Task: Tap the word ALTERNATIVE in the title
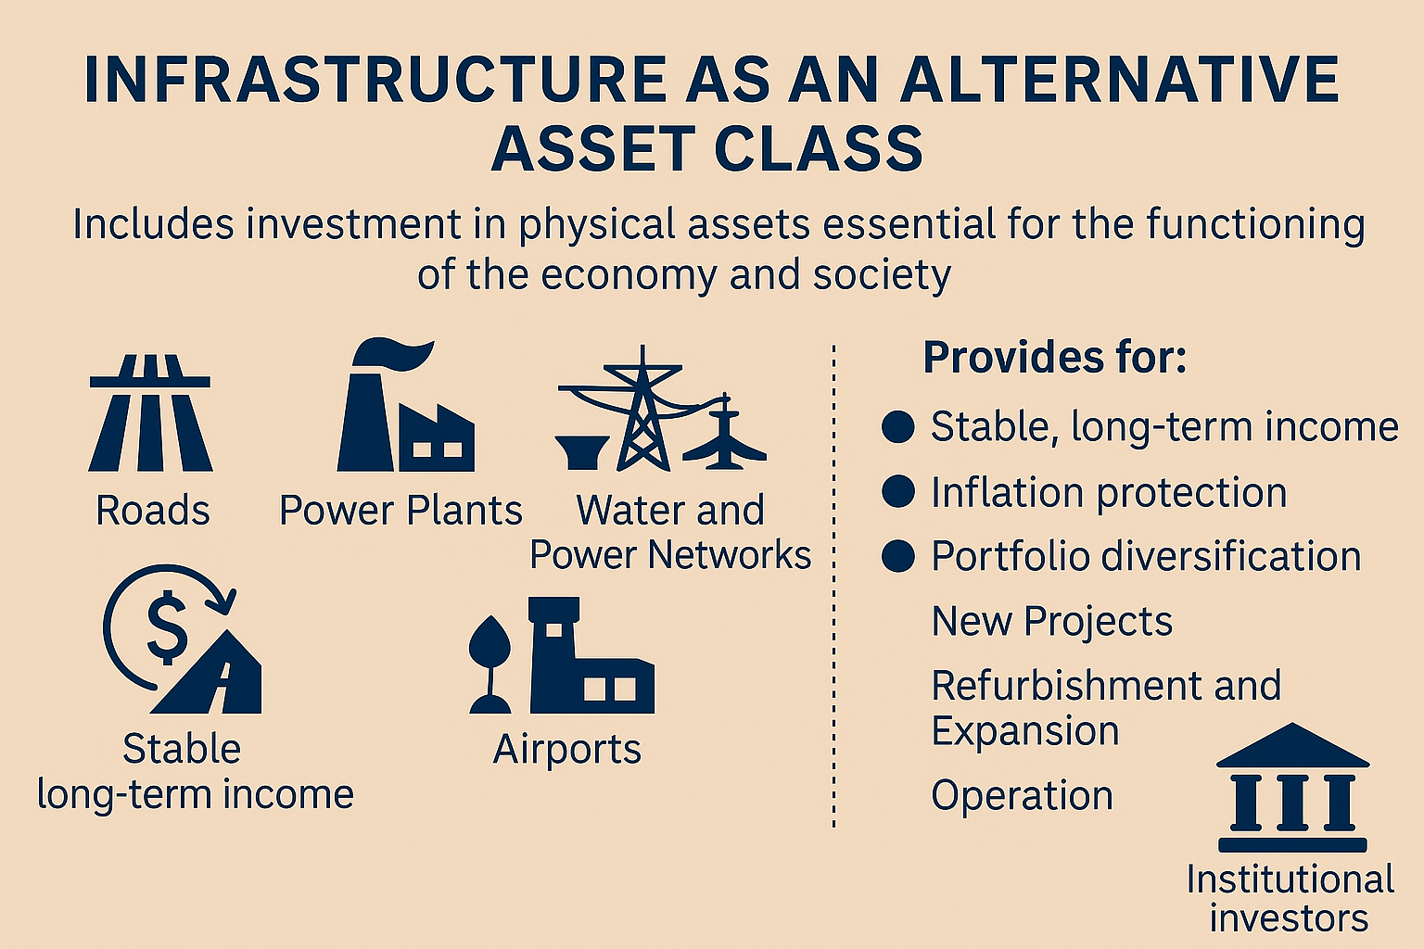[1120, 80]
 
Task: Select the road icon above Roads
[150, 413]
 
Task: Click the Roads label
[153, 511]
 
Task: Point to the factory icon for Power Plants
[405, 405]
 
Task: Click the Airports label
[567, 750]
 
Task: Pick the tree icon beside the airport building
[489, 664]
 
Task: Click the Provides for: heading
[1055, 357]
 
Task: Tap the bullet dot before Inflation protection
[898, 491]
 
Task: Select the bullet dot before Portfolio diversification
[898, 556]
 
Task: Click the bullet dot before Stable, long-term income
[898, 426]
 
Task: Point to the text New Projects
[1052, 622]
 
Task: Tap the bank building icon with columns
[1292, 787]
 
